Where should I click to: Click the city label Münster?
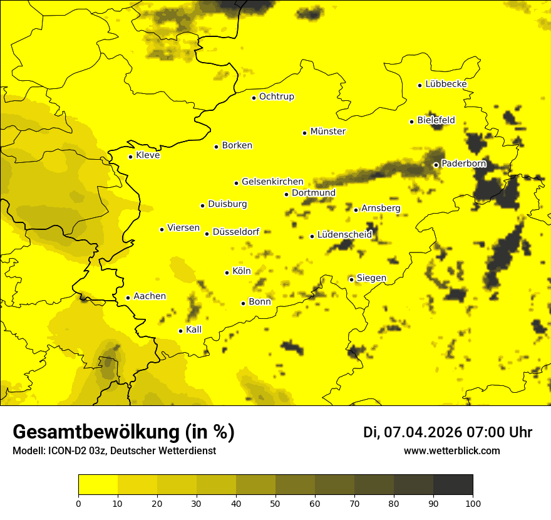[x=327, y=132]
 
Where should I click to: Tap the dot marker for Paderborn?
[x=436, y=165]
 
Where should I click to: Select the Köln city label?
[x=241, y=271]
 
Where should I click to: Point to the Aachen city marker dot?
[x=128, y=298]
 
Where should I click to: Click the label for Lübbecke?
[x=446, y=84]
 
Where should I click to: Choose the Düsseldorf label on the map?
[x=235, y=232]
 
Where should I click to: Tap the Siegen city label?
[x=371, y=278]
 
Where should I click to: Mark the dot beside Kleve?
[x=130, y=157]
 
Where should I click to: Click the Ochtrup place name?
[x=276, y=96]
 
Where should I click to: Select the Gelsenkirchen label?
[x=272, y=182]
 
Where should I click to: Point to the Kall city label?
[x=193, y=330]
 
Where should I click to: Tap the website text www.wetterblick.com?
[x=451, y=451]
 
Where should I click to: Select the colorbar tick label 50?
[x=275, y=503]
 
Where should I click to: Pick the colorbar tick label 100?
[x=473, y=503]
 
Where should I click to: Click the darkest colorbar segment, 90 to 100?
[x=453, y=484]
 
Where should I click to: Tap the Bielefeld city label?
[x=436, y=120]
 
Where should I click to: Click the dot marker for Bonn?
[x=243, y=303]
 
